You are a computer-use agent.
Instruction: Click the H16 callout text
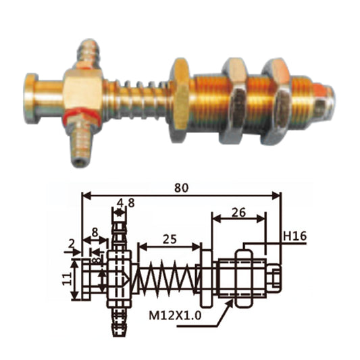tap(295, 236)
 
